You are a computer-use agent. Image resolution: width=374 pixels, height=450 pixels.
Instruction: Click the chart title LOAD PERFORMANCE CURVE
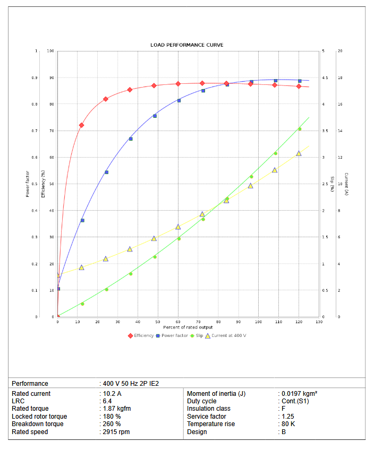tap(187, 45)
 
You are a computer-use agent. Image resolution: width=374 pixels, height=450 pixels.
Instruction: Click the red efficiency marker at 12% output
tap(81, 125)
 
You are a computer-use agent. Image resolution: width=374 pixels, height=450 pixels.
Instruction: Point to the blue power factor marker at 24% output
tap(106, 172)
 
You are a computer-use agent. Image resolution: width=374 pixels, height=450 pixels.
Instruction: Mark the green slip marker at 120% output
tap(299, 129)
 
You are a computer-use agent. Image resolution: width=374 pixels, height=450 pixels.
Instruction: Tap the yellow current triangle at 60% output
tap(178, 227)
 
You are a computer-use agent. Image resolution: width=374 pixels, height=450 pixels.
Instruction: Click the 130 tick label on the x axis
tap(319, 322)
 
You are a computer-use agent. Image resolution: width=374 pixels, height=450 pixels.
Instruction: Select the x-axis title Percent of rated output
tap(188, 327)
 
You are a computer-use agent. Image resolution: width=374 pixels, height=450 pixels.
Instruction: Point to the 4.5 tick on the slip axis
tap(325, 78)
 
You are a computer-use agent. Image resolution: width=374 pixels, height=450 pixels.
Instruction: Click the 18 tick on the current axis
tap(340, 78)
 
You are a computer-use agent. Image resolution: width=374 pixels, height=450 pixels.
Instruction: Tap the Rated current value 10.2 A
tap(112, 394)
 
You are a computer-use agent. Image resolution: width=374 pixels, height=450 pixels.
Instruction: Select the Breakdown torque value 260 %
tap(112, 424)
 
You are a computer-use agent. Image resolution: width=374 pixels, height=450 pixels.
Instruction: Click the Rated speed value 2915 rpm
tap(116, 432)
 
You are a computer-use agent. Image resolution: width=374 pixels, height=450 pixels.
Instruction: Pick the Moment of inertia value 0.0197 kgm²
tap(299, 394)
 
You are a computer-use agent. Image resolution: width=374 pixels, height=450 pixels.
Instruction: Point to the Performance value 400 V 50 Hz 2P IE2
tap(131, 383)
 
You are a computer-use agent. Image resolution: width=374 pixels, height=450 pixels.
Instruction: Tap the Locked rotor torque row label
tap(39, 417)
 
